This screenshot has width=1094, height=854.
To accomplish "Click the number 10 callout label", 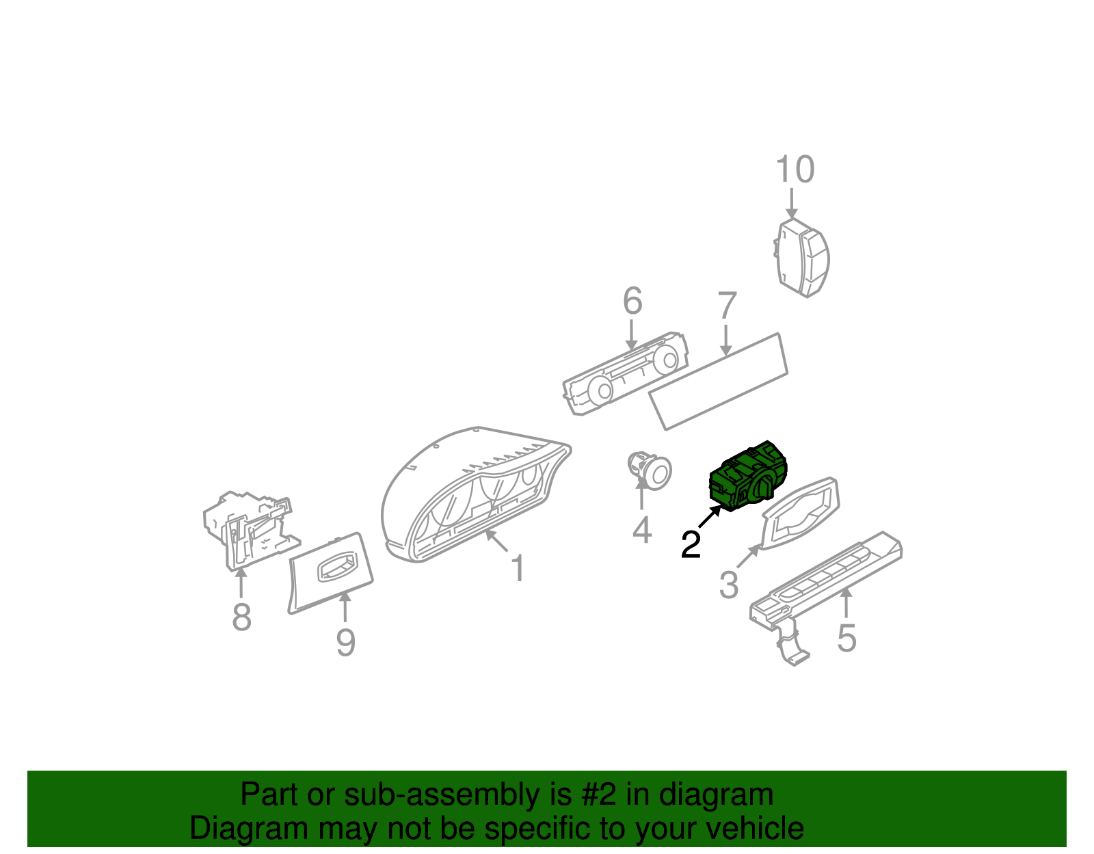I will (x=795, y=170).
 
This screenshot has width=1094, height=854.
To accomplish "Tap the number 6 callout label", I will (x=632, y=302).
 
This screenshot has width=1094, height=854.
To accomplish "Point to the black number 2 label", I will (x=691, y=545).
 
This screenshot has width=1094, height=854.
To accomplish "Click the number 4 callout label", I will (x=641, y=530).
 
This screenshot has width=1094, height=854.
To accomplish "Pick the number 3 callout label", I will (x=729, y=585).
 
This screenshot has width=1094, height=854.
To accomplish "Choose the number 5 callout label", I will (x=846, y=638).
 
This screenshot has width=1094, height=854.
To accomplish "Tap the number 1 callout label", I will (x=518, y=568).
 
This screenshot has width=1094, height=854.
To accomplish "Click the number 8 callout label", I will (x=241, y=617).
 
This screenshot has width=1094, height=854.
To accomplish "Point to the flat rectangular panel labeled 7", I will (x=718, y=381).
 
